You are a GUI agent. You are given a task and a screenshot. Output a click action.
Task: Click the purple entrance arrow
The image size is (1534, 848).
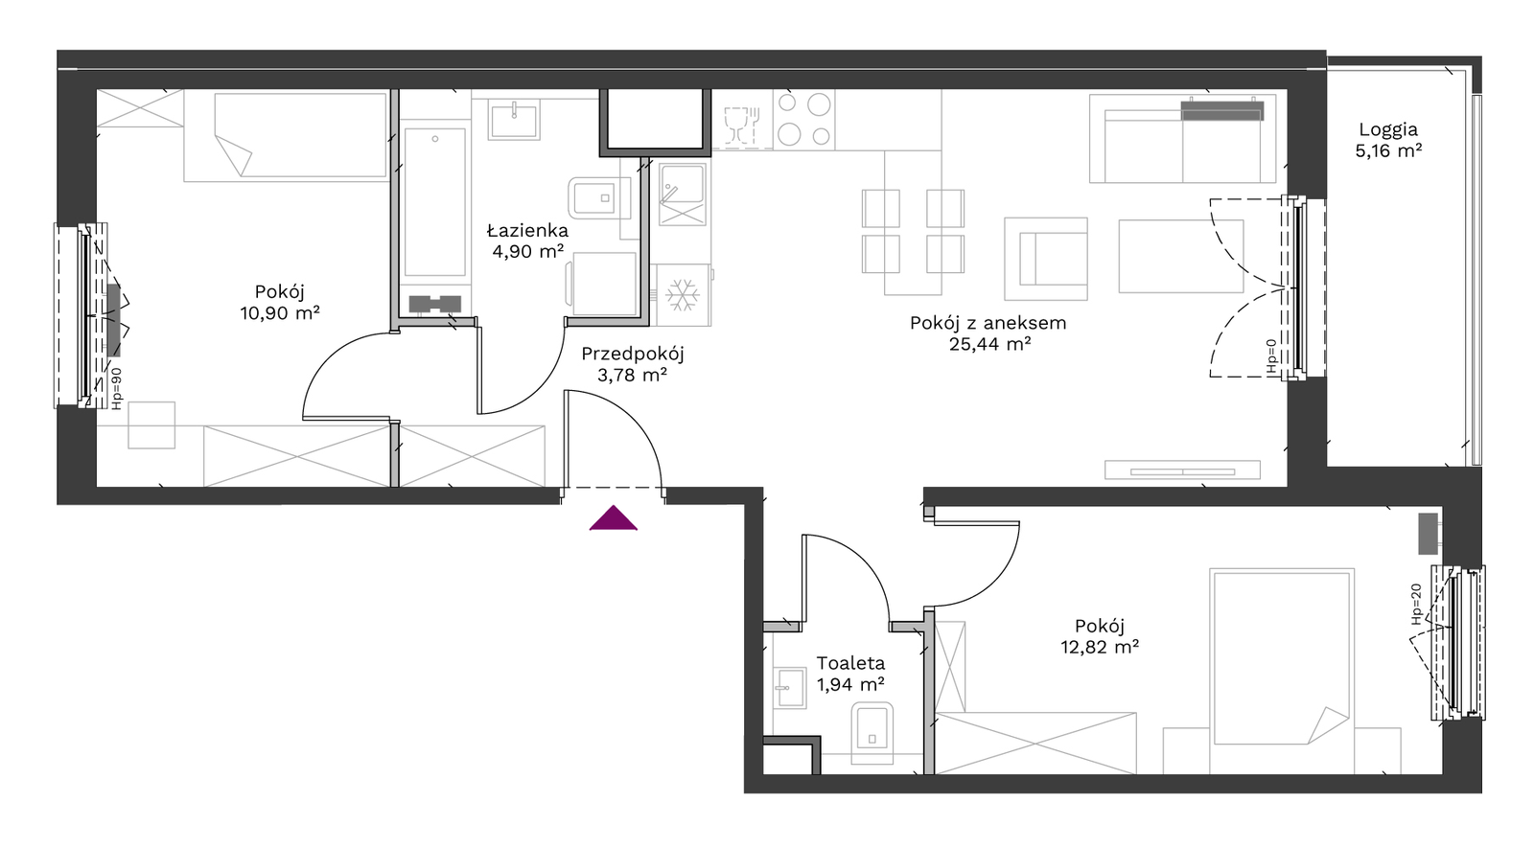coord(614,518)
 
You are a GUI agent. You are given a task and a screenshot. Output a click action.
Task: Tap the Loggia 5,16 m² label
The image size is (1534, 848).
coord(1388,140)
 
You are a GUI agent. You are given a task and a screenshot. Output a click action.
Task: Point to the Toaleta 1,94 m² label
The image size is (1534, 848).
coord(850,674)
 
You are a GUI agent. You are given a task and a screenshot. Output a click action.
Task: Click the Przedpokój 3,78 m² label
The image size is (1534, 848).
coord(632,364)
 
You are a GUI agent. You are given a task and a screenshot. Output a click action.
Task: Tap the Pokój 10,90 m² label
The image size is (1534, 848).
coord(279,303)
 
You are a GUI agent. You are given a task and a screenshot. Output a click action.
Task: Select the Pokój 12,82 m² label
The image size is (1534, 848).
coord(1100,636)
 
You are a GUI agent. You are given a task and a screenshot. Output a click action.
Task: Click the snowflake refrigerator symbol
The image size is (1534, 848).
coord(683,295)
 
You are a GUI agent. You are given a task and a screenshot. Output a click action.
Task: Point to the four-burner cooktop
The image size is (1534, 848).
coord(804,120)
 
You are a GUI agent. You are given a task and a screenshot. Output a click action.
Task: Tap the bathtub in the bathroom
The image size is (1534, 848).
coord(435,202)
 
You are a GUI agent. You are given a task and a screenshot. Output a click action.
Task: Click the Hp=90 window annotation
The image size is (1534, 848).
coord(116,388)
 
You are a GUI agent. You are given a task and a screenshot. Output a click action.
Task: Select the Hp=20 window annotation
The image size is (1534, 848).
coord(1416,604)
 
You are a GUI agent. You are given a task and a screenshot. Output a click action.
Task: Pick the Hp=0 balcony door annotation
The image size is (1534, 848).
coord(1271,356)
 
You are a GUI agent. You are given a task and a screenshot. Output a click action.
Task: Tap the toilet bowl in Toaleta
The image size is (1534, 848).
coord(872,732)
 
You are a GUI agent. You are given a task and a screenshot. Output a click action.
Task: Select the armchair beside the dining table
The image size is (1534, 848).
coord(1046,259)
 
